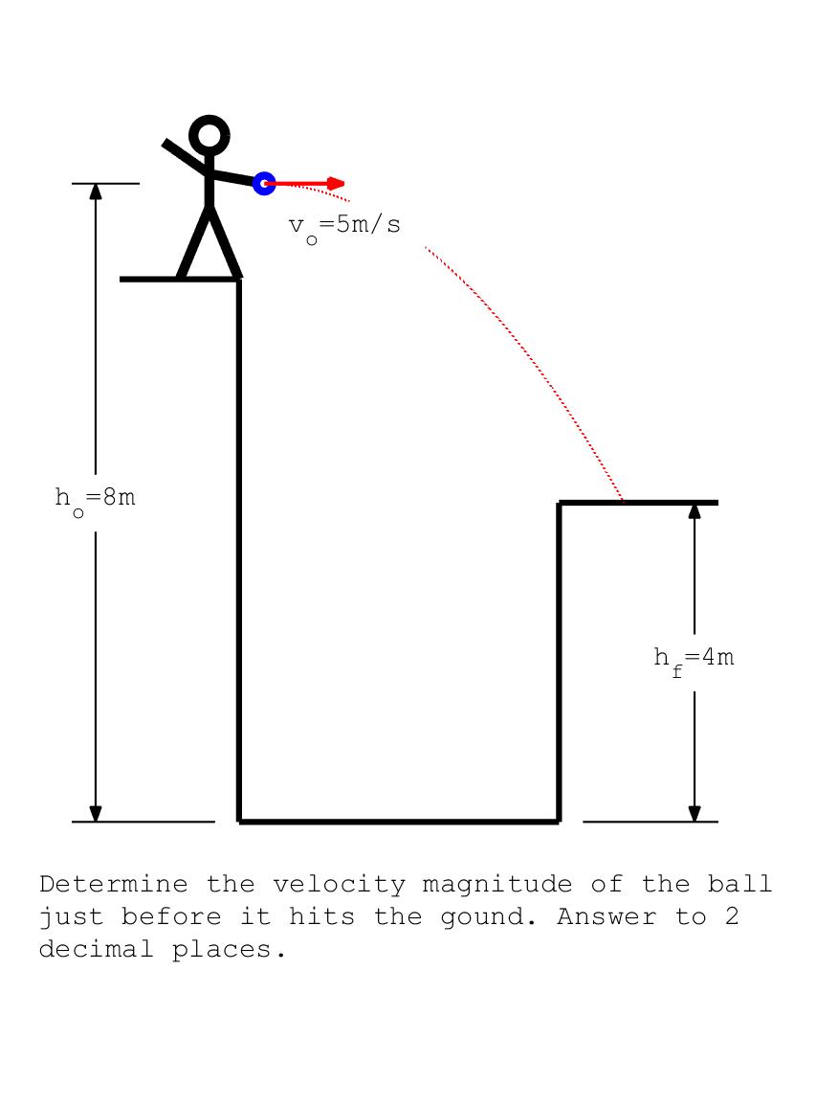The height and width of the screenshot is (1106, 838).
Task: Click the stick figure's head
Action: click(x=209, y=136)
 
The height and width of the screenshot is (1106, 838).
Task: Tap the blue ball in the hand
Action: click(x=264, y=183)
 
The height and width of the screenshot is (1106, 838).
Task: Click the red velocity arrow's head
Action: click(x=336, y=183)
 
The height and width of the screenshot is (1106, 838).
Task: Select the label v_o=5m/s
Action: click(x=344, y=226)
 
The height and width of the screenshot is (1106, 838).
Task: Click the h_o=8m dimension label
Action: click(x=95, y=499)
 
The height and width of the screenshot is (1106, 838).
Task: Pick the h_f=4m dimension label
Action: click(x=694, y=659)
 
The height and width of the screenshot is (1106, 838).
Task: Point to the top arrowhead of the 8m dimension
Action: click(x=96, y=191)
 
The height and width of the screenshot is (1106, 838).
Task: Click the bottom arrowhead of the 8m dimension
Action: click(x=96, y=813)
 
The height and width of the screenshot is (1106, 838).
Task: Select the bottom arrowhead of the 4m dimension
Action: click(x=695, y=813)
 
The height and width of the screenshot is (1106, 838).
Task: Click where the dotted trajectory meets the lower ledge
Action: click(x=624, y=501)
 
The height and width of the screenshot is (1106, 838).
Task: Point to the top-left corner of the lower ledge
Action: click(x=560, y=502)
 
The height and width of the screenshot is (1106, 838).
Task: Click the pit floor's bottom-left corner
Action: click(x=239, y=821)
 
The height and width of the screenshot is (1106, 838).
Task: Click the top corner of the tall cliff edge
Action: click(x=239, y=280)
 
